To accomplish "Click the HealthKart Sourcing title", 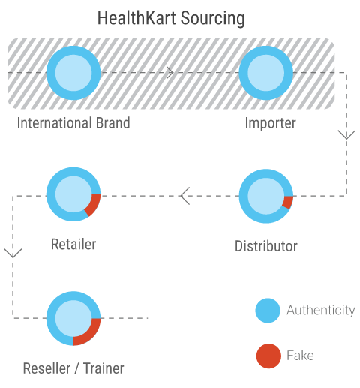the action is tap(171, 18).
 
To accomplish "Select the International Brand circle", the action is tap(73, 73).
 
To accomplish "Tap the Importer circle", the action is tap(266, 73).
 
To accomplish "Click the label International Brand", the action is tap(73, 123).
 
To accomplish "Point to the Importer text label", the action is tap(271, 123).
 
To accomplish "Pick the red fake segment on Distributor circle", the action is tap(288, 203).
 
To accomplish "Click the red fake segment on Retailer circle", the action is tap(93, 205).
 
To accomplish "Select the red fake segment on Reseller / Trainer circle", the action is tap(88, 333).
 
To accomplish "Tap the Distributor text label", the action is tap(266, 246).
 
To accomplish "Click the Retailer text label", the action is tap(73, 244).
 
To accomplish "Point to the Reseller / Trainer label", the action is tap(73, 368).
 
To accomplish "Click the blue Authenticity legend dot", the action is tap(268, 311).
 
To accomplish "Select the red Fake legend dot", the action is tap(268, 356).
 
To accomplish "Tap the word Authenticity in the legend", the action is tap(321, 311).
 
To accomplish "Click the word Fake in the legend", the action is tap(300, 356).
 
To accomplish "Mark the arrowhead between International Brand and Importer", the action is tap(170, 73).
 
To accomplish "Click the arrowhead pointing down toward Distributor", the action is tap(346, 134).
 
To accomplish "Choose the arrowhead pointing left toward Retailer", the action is tap(185, 196).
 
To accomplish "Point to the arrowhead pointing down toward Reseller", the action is tap(13, 253).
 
